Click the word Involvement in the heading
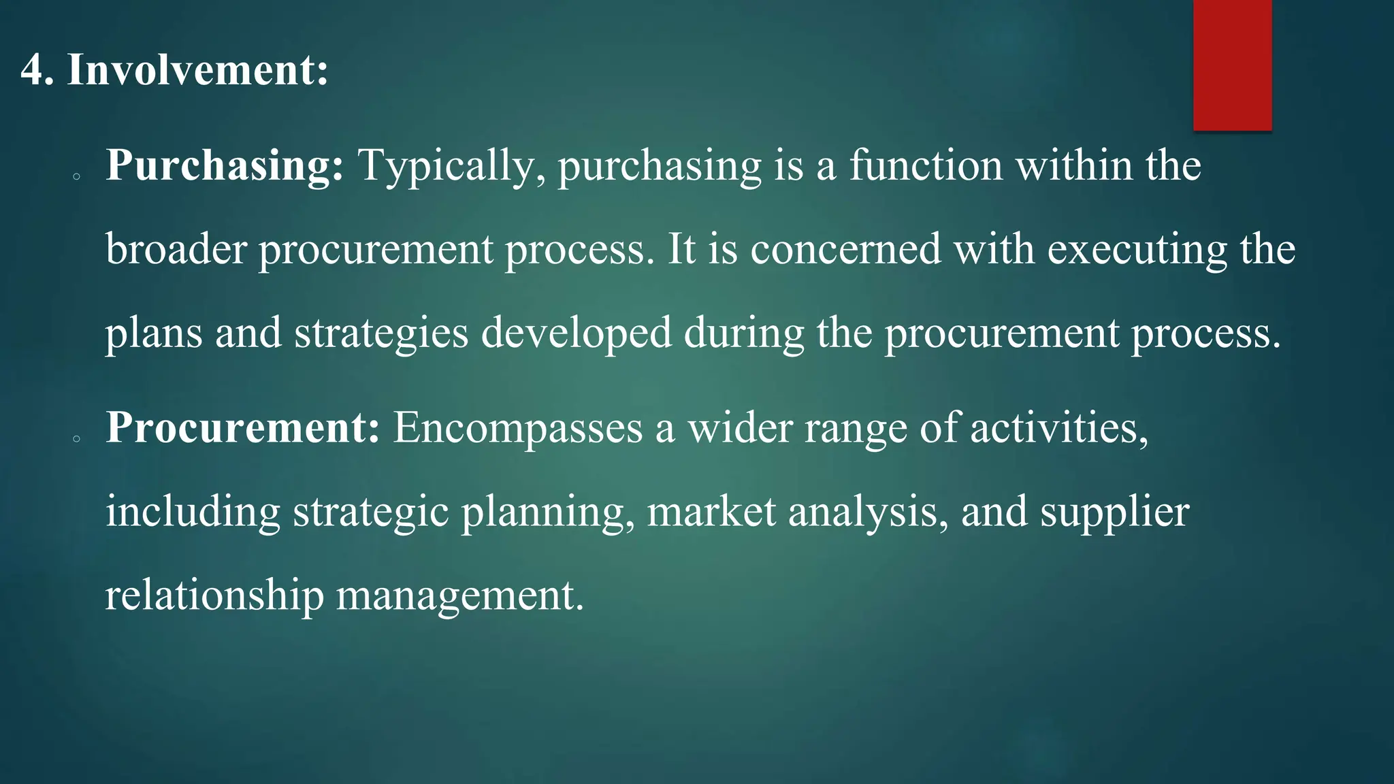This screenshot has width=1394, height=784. tap(197, 69)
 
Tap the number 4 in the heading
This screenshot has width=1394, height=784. tap(31, 69)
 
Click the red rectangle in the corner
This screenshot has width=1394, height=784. tap(1232, 65)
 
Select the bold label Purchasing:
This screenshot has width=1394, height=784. tap(225, 166)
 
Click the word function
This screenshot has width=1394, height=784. tap(926, 166)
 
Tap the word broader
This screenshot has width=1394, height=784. tap(176, 249)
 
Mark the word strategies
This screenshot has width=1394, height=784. tap(381, 333)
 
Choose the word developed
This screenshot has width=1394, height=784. tap(576, 333)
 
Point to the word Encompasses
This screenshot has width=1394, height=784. tap(518, 428)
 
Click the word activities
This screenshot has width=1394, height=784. tap(1059, 428)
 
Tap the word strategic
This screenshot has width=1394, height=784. tap(371, 512)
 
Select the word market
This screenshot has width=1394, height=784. tap(711, 512)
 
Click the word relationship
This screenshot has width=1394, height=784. tap(214, 595)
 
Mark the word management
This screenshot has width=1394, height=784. tap(460, 595)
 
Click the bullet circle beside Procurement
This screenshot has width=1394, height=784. tap(77, 440)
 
